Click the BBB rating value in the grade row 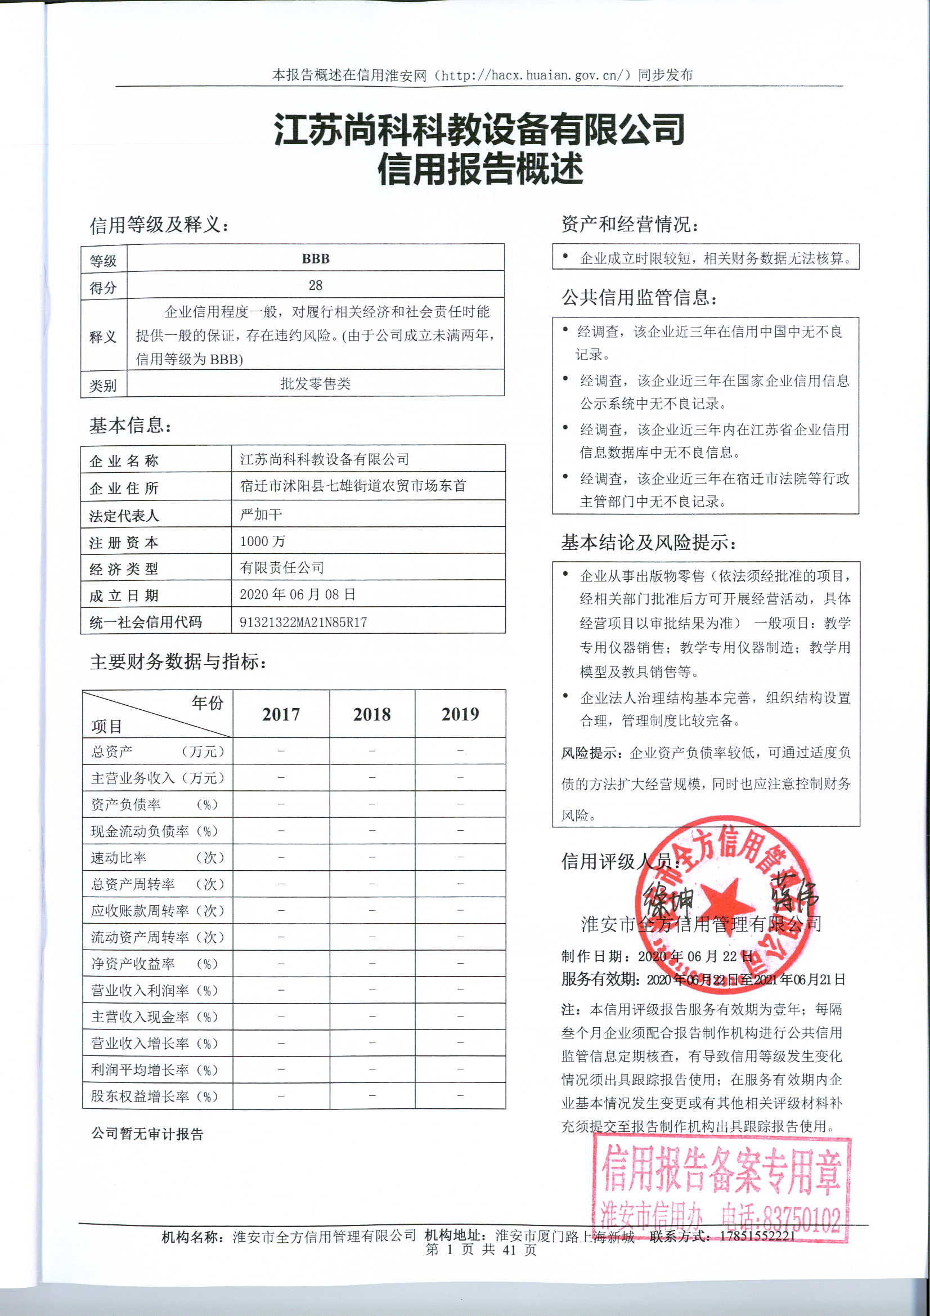[315, 258]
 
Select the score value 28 [315, 285]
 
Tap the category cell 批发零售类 [315, 383]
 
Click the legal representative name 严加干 [260, 514]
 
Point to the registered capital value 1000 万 [262, 540]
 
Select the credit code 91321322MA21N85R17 [303, 622]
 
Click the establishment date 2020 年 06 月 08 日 [298, 594]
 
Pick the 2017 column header [281, 714]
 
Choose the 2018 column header [372, 714]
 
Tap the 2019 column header [460, 714]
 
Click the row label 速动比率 [119, 857]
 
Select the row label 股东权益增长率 [140, 1096]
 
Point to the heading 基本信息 [130, 426]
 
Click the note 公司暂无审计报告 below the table [147, 1134]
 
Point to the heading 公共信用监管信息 [639, 297]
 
